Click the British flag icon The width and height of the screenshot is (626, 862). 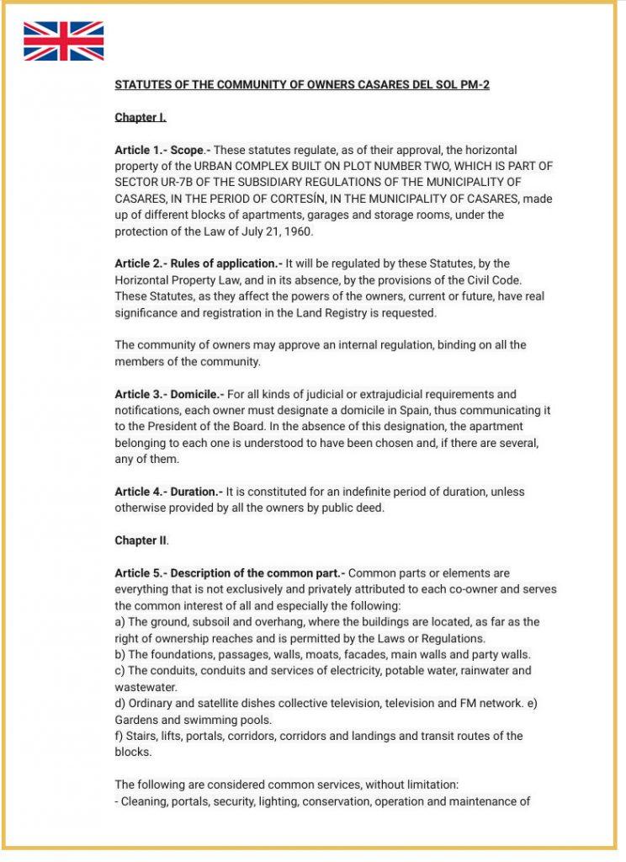pyautogui.click(x=63, y=41)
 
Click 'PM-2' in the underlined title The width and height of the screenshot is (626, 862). pyautogui.click(x=473, y=86)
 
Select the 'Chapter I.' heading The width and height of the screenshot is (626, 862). pyautogui.click(x=140, y=118)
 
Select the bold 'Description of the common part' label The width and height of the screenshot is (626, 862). pyautogui.click(x=257, y=573)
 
